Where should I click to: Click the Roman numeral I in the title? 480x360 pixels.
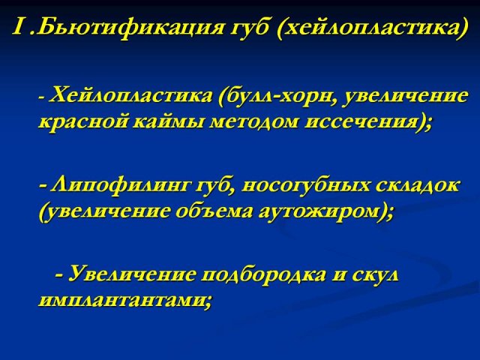(18, 27)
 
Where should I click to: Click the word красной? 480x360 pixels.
(83, 122)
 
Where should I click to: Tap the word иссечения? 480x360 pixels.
(365, 122)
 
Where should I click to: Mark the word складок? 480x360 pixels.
(417, 185)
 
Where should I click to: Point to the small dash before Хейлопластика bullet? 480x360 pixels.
(42, 98)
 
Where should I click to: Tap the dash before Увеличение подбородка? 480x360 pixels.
(59, 274)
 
